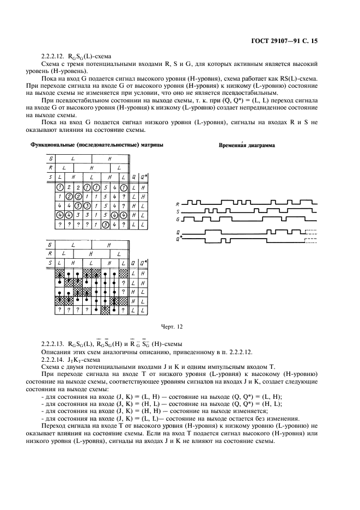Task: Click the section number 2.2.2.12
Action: (53, 56)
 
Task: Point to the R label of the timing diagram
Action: (177, 203)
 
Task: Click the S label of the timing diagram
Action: (177, 210)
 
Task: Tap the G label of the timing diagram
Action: (177, 219)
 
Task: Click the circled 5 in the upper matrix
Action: (106, 224)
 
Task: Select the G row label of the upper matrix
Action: (50, 158)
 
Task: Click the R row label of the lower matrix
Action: (50, 253)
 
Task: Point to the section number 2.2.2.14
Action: (53, 360)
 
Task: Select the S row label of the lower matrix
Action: (50, 263)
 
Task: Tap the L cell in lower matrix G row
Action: (74, 244)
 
